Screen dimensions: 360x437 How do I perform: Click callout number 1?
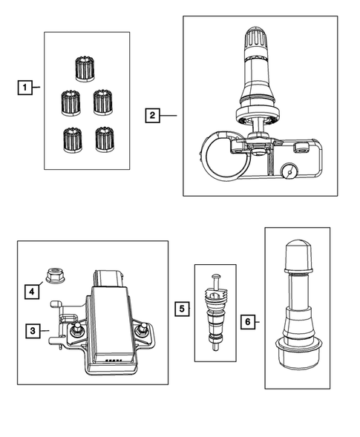click(24, 88)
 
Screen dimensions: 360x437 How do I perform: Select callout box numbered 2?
click(152, 115)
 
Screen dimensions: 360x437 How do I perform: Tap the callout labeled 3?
click(33, 331)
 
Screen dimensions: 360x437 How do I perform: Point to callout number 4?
click(32, 292)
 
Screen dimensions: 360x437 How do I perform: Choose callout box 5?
click(182, 309)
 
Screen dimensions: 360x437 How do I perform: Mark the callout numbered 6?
click(248, 322)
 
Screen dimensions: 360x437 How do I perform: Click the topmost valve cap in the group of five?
click(85, 70)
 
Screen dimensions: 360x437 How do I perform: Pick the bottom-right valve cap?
click(105, 140)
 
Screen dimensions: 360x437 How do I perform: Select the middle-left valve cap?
click(71, 103)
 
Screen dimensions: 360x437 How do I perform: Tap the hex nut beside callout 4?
click(55, 275)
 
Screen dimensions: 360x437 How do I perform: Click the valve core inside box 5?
click(215, 312)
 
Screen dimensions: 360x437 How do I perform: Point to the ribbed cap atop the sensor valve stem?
click(256, 37)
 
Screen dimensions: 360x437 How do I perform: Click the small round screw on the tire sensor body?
click(289, 172)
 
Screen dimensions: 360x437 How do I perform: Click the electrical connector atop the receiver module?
click(108, 279)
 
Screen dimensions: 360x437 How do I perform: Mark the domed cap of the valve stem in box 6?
click(298, 255)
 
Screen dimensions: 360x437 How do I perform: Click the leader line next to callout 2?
click(168, 116)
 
